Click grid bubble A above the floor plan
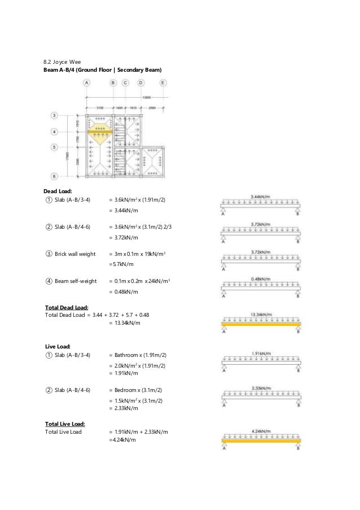tap(87, 82)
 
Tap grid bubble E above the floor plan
tap(163, 82)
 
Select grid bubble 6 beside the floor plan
tap(54, 176)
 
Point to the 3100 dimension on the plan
tap(100, 107)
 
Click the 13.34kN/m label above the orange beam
tap(261, 315)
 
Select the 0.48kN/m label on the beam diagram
tap(261, 278)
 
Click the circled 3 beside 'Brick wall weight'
tap(49, 254)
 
